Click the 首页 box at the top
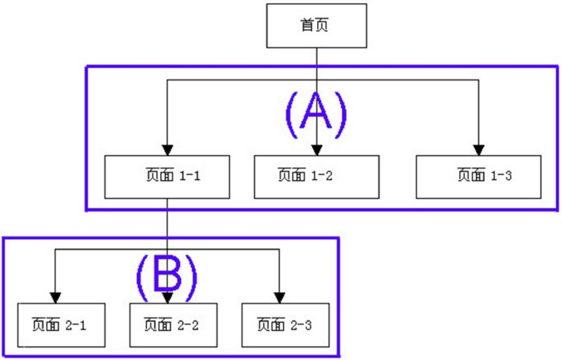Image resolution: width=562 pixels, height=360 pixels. coord(315,25)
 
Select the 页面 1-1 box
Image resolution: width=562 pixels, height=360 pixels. coord(167,176)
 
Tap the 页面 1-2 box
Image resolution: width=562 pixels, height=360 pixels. coord(316,176)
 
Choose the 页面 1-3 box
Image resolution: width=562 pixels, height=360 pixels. coord(479,176)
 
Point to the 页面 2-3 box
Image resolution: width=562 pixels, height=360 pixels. coord(280,325)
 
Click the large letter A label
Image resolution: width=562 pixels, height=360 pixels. coord(315,114)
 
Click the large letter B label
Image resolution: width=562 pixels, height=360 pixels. coord(167,275)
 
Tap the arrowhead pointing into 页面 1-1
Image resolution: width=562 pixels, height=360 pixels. coord(167,149)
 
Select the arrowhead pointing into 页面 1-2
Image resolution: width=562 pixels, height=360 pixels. coord(316,149)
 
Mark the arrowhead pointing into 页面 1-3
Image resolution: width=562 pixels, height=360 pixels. coord(479,149)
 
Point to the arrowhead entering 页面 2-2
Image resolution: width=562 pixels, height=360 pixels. coord(169,299)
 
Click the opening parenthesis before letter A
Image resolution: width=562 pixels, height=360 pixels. coord(291,114)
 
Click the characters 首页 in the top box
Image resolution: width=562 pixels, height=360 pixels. coord(315,25)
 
